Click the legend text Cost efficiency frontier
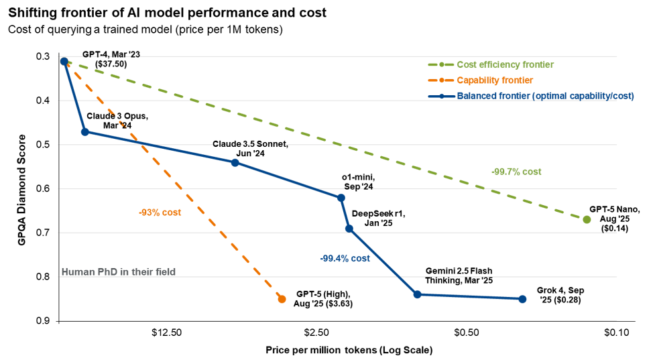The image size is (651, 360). coord(505,65)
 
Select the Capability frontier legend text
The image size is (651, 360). coord(495,80)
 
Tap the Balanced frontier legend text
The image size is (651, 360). coord(545,96)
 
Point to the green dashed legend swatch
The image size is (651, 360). coord(440,65)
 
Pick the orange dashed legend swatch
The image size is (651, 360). coord(440,80)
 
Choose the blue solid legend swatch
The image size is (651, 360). coord(440,96)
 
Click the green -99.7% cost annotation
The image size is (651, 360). coord(516,172)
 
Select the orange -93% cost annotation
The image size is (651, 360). coord(160,213)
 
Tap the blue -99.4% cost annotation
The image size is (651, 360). coord(345,258)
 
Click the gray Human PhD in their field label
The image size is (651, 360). coord(118,272)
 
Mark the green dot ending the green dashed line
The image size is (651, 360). coord(587,220)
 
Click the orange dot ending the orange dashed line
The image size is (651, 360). coord(282,299)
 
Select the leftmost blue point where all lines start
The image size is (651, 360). coord(64,62)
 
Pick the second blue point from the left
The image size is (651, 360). coord(84,131)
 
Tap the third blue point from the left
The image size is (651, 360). coord(235,162)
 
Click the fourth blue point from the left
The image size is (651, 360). coord(341,198)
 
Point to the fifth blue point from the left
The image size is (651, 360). coord(349,229)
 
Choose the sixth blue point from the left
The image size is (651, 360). coord(417,294)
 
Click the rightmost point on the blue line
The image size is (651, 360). coord(522,299)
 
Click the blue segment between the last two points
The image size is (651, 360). coord(469,297)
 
